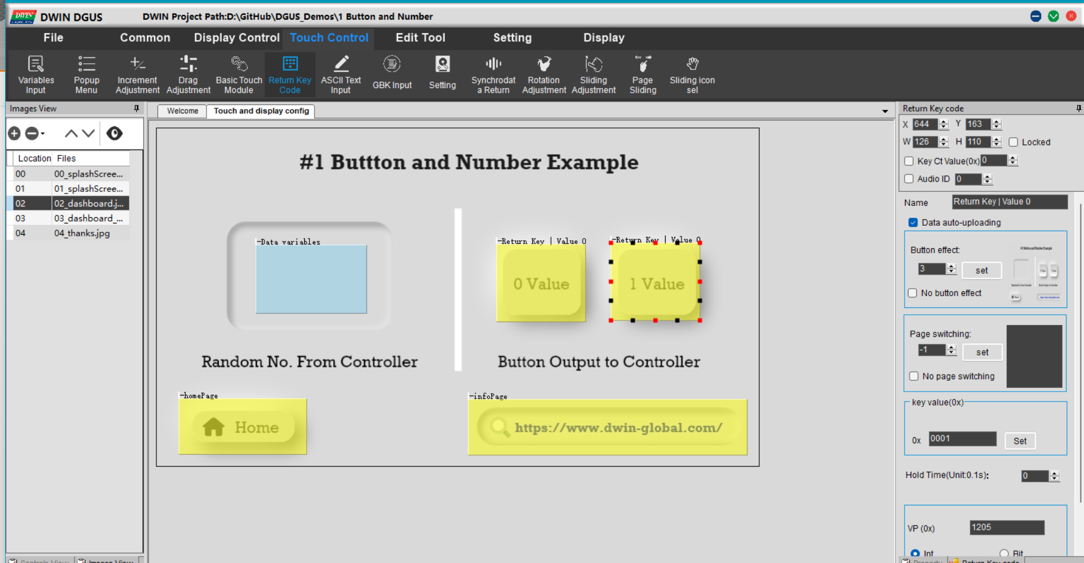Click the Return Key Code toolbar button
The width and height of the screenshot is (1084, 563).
(x=290, y=74)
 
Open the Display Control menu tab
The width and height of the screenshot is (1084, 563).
(x=237, y=38)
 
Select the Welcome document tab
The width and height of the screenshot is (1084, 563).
(x=182, y=111)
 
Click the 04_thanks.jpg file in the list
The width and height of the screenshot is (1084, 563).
(x=82, y=233)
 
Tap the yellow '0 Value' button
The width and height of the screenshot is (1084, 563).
(x=541, y=284)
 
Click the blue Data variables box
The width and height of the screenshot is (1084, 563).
(x=311, y=279)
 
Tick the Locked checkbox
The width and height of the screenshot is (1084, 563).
(x=1013, y=142)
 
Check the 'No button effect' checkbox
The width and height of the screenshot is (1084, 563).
(x=912, y=293)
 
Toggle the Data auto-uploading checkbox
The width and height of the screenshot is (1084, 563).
(x=913, y=222)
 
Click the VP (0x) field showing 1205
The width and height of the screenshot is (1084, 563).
(x=1007, y=527)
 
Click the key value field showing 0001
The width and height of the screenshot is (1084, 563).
(x=962, y=439)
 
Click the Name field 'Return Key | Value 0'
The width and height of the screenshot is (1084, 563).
(x=1009, y=202)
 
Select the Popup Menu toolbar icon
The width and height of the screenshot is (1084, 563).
(x=86, y=74)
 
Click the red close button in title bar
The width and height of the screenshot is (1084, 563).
(x=1071, y=16)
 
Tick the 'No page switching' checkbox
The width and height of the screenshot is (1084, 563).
(x=913, y=376)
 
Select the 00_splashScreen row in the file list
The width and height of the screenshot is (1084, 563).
(x=88, y=174)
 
